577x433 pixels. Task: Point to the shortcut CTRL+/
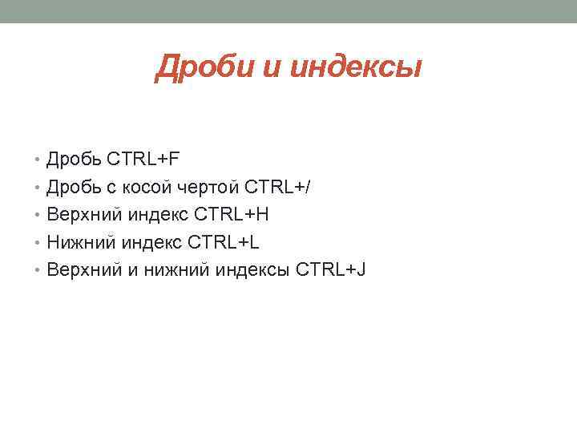click(x=277, y=186)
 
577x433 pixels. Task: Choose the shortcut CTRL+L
click(x=225, y=241)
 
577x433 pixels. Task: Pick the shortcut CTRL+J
click(x=331, y=269)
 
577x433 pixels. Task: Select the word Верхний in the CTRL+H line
click(x=83, y=214)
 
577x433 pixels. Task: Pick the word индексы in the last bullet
click(x=251, y=269)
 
